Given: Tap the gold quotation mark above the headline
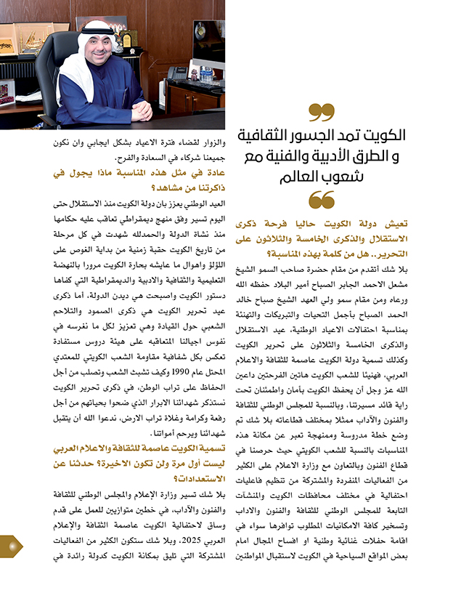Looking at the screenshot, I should coord(320,113).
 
